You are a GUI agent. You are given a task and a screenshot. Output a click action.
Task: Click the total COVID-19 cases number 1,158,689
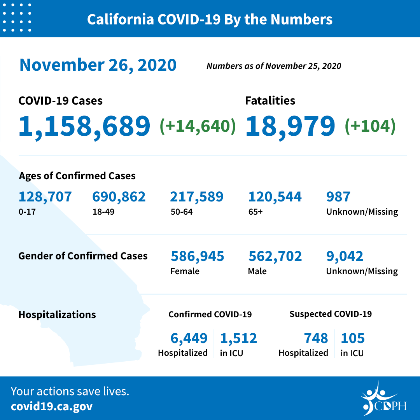tap(84, 126)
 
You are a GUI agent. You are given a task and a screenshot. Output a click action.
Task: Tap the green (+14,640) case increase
tap(198, 126)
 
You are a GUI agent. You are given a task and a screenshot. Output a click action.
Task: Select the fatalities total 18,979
tap(290, 126)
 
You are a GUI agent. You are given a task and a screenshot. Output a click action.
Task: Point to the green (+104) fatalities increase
tap(370, 126)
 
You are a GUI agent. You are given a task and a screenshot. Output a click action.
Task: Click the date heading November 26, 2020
tap(98, 65)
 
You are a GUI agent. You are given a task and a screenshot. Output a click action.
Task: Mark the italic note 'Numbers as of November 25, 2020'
tap(274, 66)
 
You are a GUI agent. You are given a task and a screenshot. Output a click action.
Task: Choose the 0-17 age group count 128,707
tap(45, 197)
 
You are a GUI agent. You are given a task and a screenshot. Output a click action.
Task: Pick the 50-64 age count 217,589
tap(197, 197)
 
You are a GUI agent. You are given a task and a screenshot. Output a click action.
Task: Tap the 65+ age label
tap(255, 212)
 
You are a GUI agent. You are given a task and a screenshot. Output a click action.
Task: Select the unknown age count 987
tap(338, 197)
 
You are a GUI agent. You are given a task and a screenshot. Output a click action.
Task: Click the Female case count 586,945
tap(197, 256)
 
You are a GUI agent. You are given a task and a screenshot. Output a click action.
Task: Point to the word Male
tap(257, 271)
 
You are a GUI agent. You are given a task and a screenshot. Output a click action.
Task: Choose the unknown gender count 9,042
tap(345, 256)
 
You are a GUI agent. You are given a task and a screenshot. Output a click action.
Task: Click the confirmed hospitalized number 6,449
tap(189, 338)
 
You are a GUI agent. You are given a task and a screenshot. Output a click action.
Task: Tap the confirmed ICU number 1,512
tap(238, 338)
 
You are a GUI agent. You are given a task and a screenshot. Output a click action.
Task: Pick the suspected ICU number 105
tap(353, 338)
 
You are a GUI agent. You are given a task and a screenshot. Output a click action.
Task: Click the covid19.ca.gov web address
tap(52, 406)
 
